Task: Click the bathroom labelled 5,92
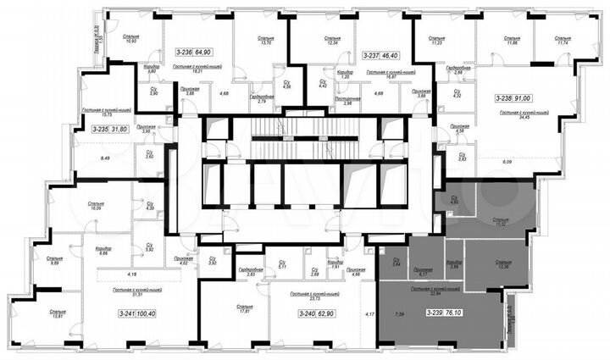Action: pos(149,249)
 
